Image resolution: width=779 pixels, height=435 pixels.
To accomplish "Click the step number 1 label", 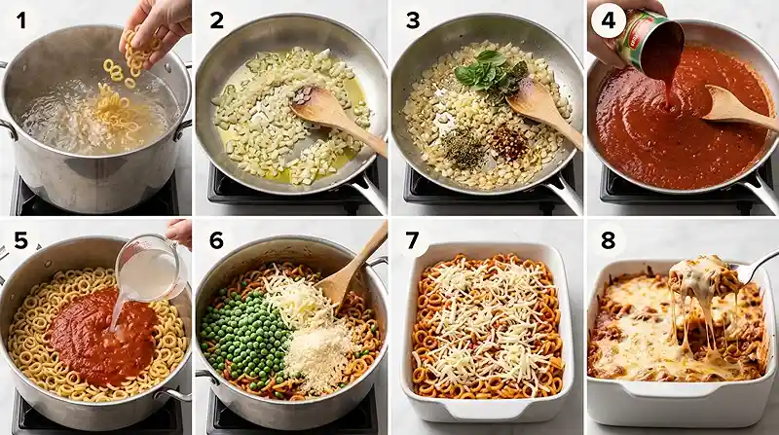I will tap(20, 20).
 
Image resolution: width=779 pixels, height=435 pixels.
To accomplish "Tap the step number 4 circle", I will tap(608, 20).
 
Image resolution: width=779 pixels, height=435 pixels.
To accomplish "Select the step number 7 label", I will tap(412, 238).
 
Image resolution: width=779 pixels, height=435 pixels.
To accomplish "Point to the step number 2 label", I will tap(216, 20).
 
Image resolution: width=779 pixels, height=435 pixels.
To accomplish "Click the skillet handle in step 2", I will tap(367, 191).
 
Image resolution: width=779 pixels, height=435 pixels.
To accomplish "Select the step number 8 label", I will tap(608, 238).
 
